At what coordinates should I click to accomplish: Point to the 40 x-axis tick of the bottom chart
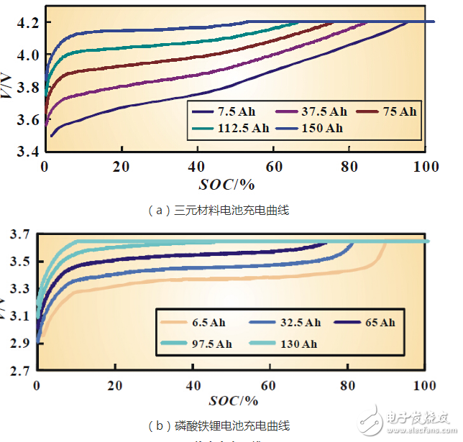[192, 385]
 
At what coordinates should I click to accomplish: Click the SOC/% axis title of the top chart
[229, 185]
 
